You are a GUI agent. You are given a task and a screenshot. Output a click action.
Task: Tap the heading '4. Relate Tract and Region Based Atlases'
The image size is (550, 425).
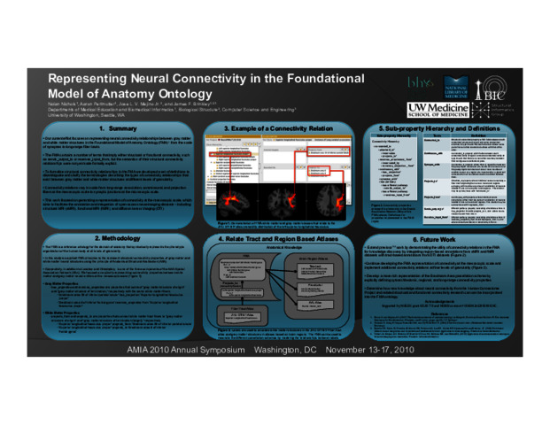pyautogui.click(x=275, y=239)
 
